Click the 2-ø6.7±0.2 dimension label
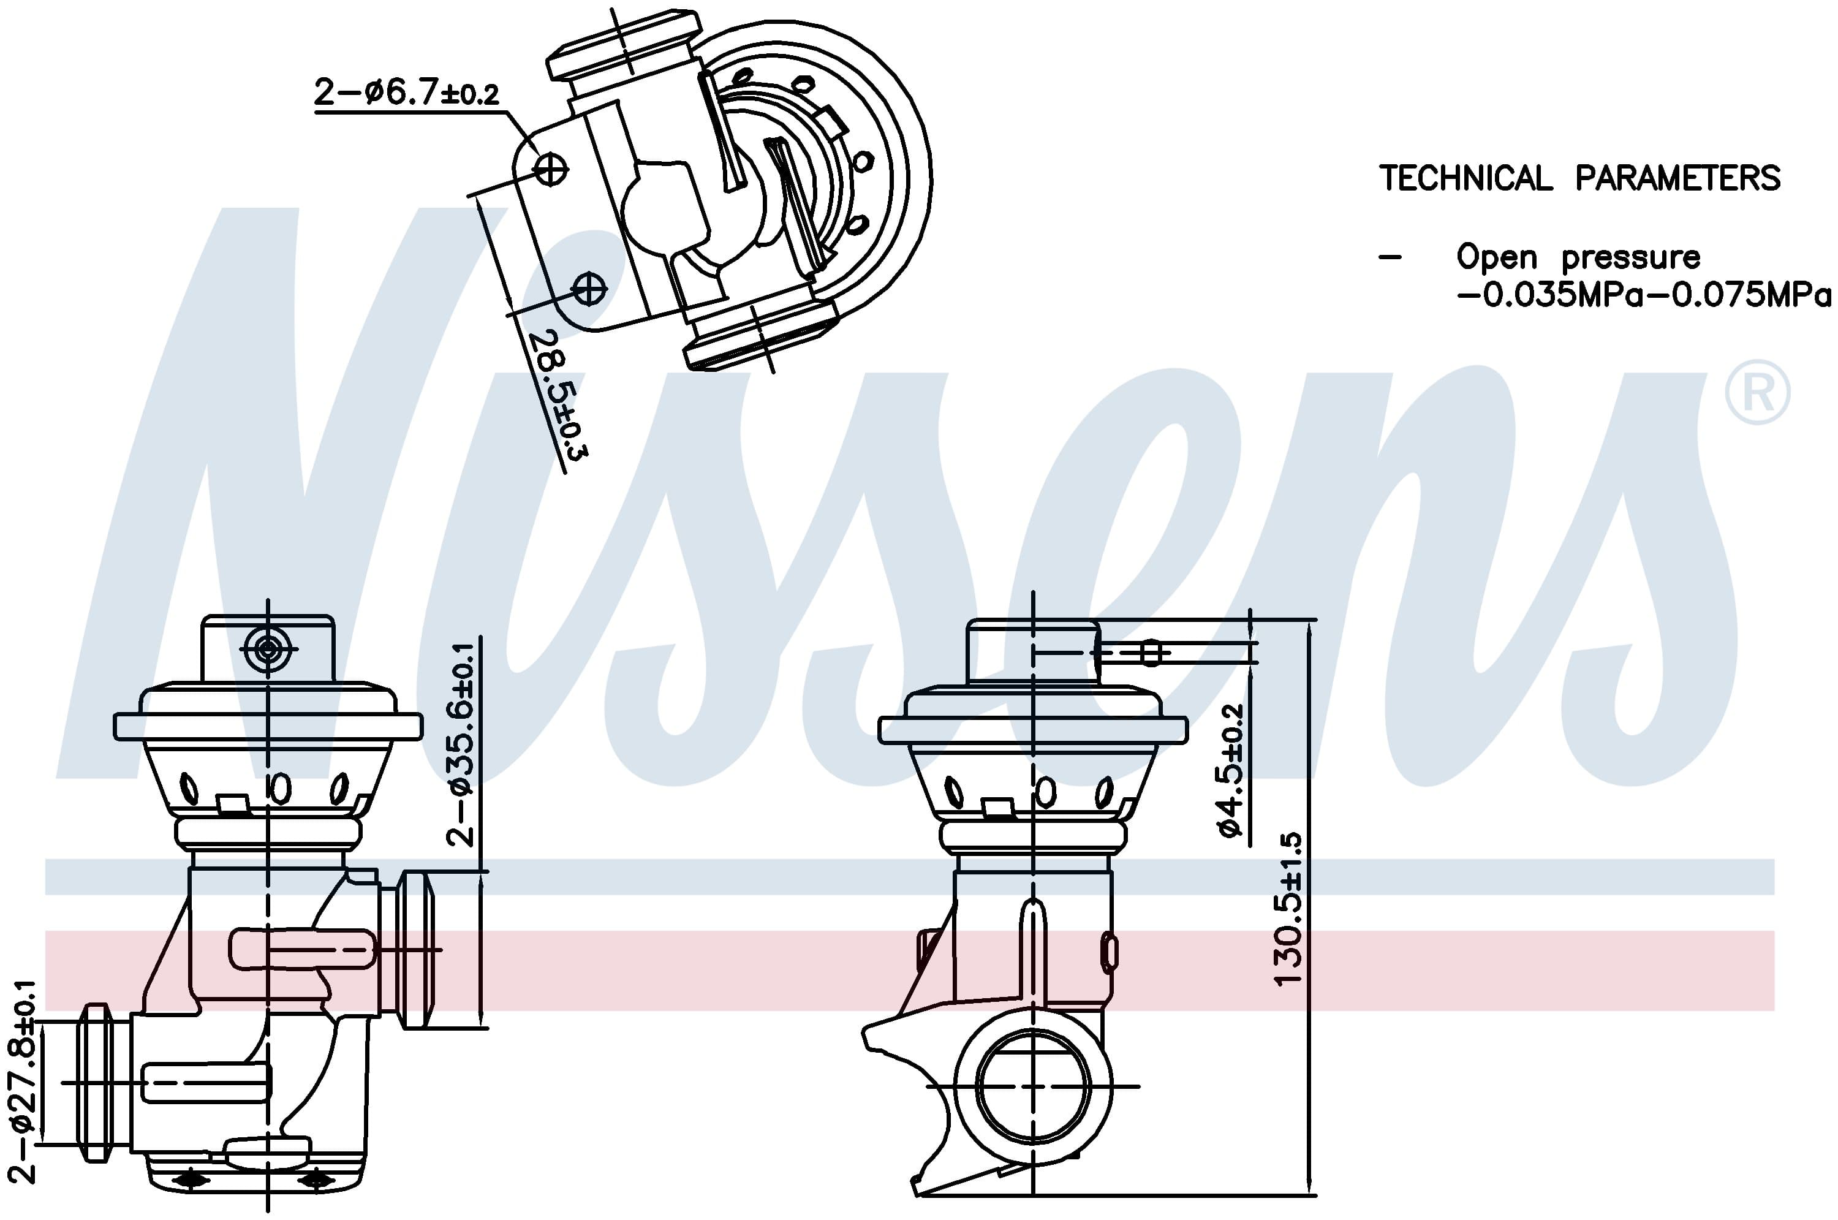pos(406,93)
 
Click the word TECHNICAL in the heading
pos(1465,178)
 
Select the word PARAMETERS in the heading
pos(1677,178)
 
